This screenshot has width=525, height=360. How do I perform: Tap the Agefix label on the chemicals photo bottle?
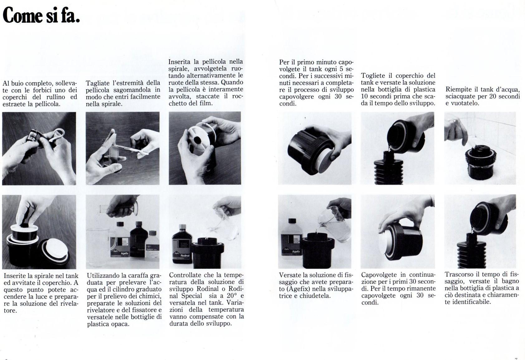click(x=119, y=247)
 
